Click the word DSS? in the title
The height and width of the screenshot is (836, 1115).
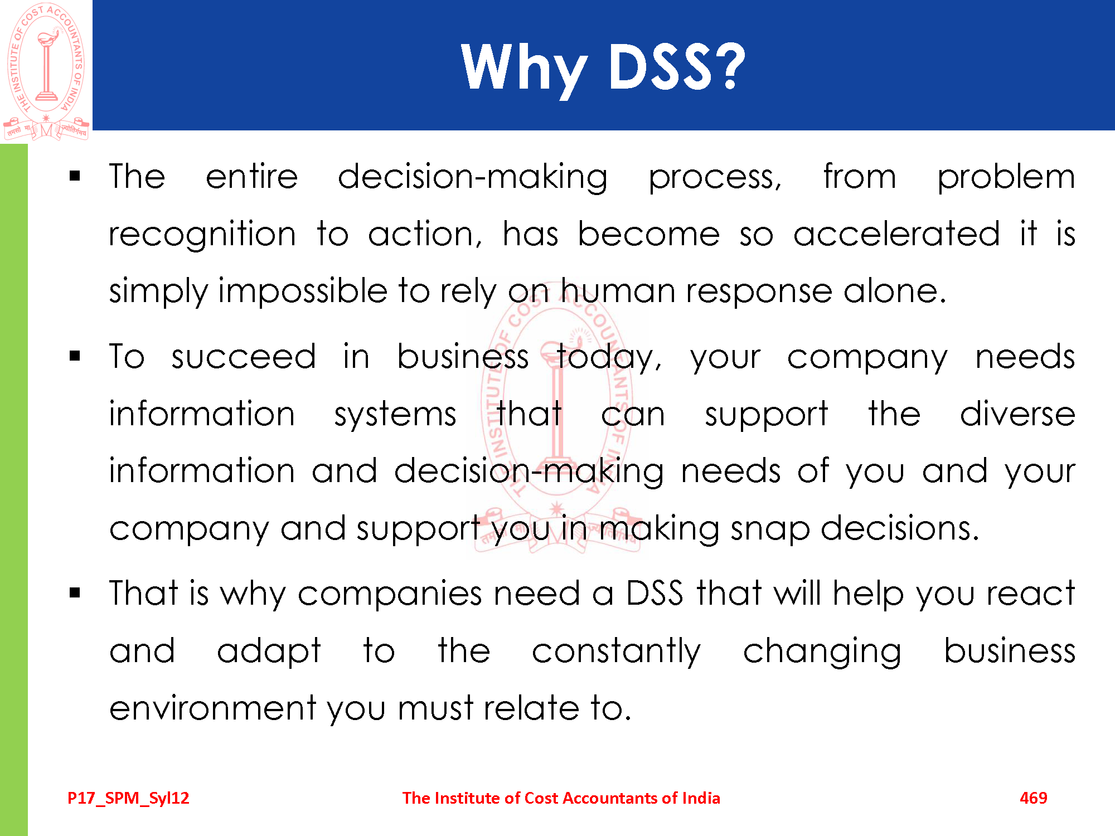[676, 66]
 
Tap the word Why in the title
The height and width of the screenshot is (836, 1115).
[524, 70]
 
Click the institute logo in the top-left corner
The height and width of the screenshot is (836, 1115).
[46, 71]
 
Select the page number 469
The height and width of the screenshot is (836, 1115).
[1033, 798]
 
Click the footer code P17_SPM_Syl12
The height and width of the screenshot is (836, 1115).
[128, 798]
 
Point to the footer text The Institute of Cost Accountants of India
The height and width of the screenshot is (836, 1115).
[561, 798]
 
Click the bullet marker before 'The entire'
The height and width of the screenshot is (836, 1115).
[75, 177]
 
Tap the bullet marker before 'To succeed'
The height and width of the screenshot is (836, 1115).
[75, 356]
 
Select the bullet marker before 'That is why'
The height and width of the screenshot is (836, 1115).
[75, 593]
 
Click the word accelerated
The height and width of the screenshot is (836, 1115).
[896, 234]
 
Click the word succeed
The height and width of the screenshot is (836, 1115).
[244, 357]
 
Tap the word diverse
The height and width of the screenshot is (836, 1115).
[1017, 414]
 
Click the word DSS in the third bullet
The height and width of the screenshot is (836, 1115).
[655, 593]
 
